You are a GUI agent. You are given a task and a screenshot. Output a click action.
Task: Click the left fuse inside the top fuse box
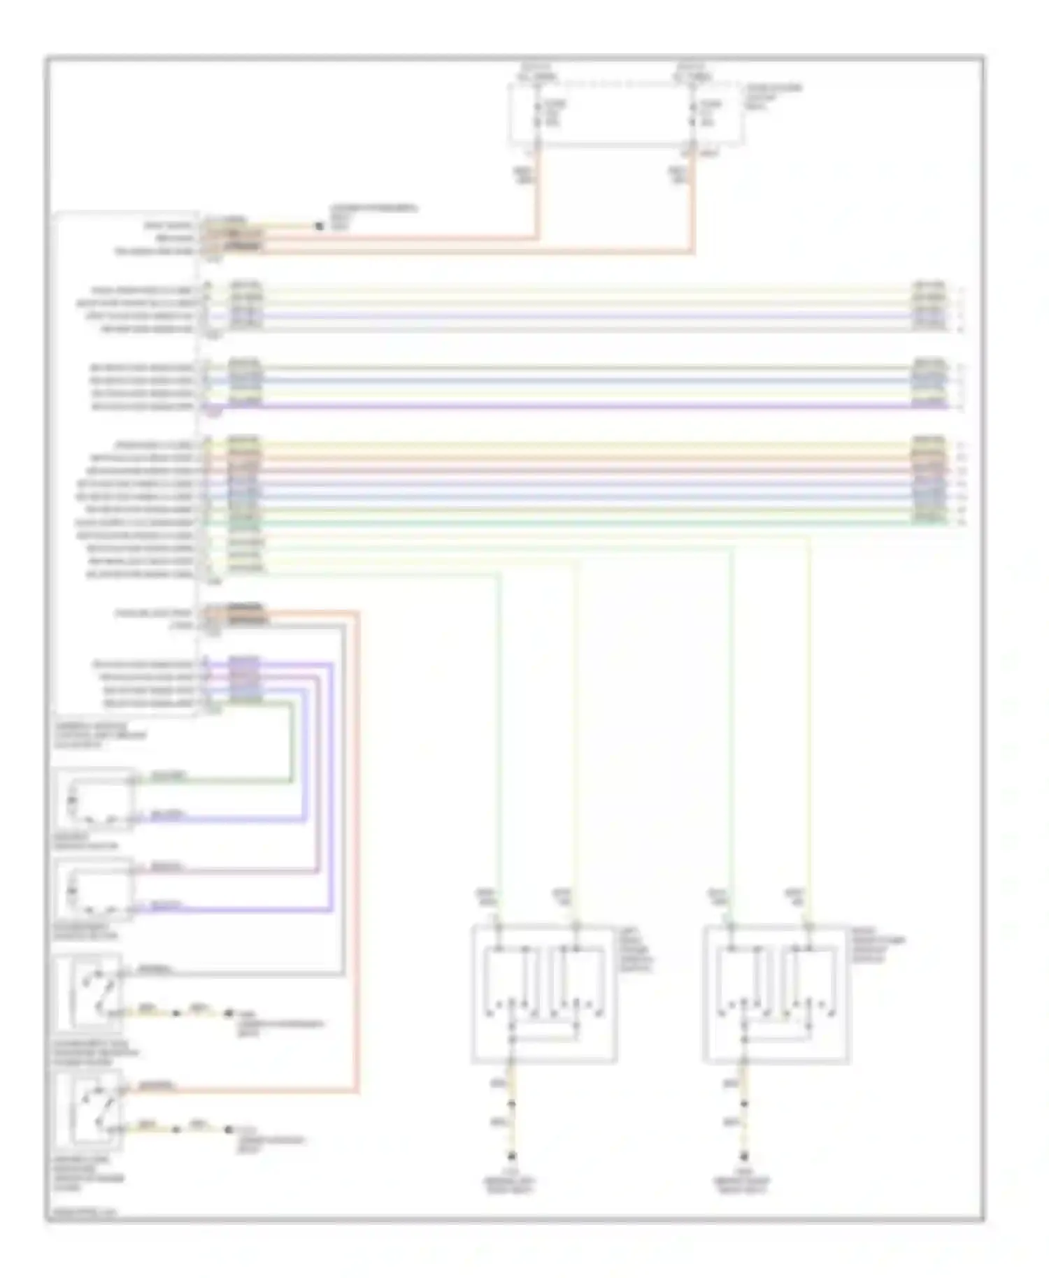coord(537,114)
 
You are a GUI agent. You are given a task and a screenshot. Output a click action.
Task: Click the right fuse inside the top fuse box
coord(692,114)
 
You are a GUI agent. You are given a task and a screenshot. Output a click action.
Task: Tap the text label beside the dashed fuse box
coord(773,96)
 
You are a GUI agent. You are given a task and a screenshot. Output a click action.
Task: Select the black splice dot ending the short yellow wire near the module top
coord(320,226)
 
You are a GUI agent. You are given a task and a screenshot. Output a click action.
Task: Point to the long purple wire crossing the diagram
coord(587,406)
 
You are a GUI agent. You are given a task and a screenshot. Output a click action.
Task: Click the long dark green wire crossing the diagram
coord(587,522)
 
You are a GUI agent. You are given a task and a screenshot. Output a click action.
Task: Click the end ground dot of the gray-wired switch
coord(228,1012)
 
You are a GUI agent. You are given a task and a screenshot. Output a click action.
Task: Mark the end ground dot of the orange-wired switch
coord(228,1129)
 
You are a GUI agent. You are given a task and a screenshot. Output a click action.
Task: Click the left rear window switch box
coord(544,993)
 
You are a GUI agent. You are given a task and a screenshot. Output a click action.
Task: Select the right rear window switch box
coord(776,993)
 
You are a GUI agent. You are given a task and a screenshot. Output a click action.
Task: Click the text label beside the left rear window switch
coord(635,949)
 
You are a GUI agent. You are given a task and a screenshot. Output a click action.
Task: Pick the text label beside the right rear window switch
coord(877,945)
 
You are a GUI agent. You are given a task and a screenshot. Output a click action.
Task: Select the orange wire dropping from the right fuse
coord(692,203)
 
